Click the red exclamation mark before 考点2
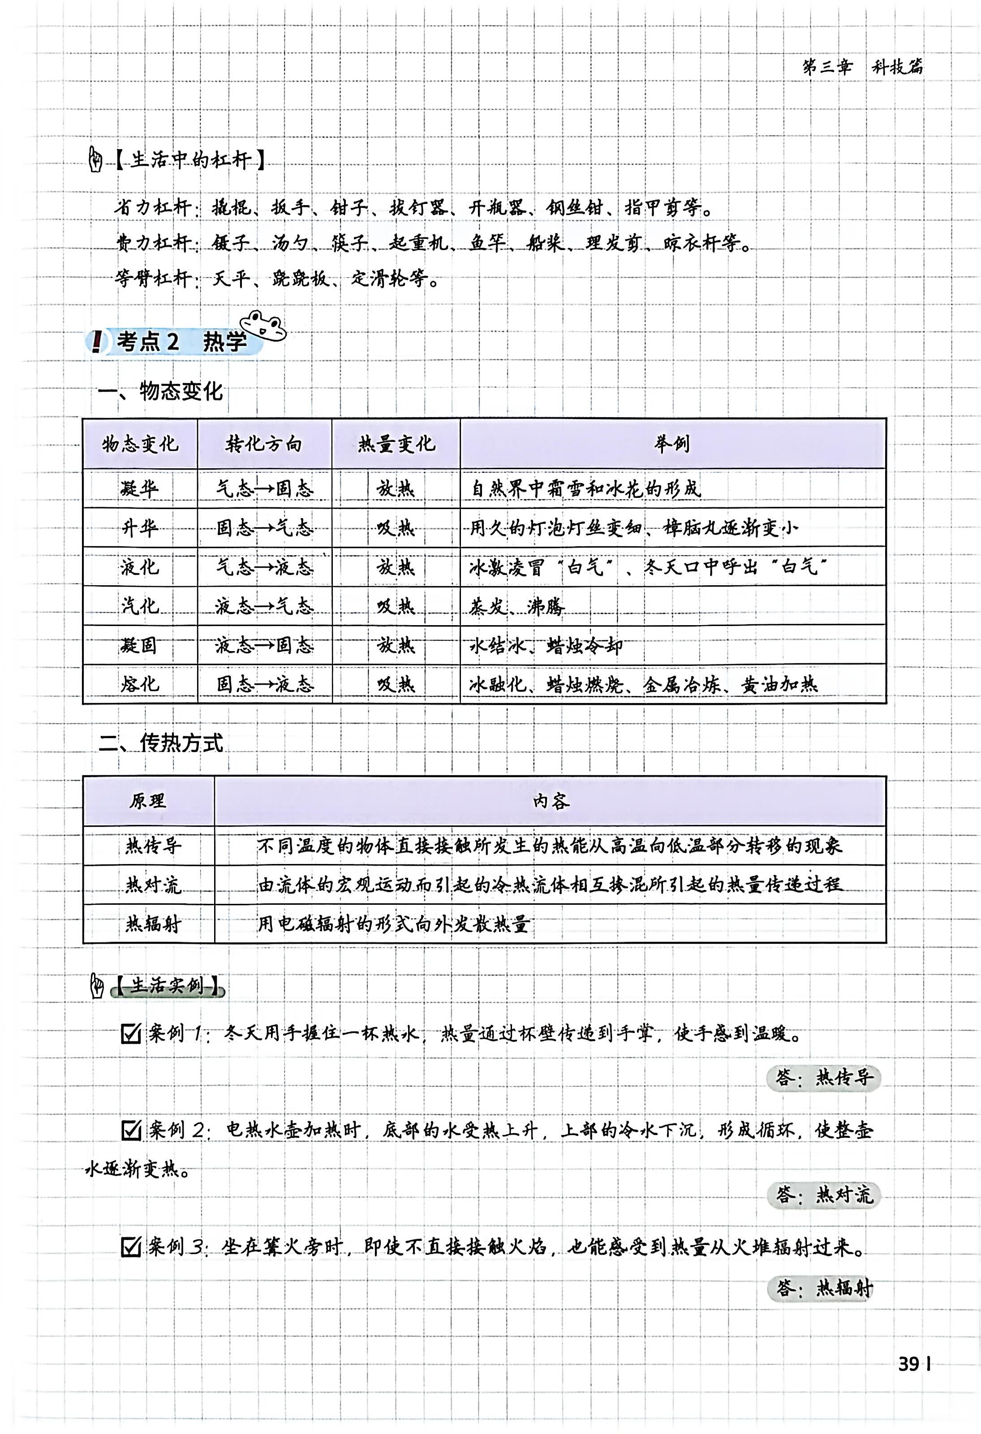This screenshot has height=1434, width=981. [96, 341]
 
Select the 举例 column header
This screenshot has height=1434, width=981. [672, 443]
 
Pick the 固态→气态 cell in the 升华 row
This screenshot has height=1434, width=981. [265, 527]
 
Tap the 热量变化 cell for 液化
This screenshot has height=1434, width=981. [396, 566]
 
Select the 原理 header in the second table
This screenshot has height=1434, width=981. [147, 800]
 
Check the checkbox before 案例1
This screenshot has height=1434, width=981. [131, 1033]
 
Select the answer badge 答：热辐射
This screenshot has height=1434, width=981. [823, 1288]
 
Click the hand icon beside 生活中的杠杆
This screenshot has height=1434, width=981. [95, 160]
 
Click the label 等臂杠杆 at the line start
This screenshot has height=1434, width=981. [154, 278]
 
